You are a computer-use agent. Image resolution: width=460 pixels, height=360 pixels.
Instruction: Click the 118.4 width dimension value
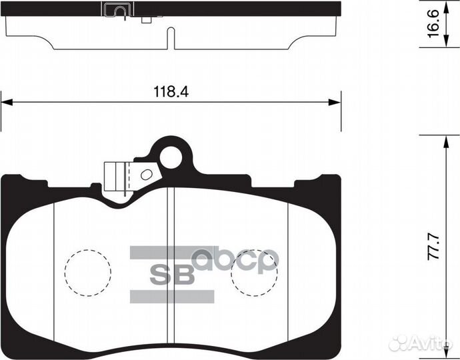pos(171,92)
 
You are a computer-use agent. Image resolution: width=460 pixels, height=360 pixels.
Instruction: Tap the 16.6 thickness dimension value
pos(433,23)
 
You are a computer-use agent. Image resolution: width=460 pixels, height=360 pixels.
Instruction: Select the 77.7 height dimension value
pos(433,247)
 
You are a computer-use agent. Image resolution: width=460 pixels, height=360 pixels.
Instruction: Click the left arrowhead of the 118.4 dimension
pos(7,103)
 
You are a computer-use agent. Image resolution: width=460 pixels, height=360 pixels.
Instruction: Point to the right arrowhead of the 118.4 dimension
pos(335,103)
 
